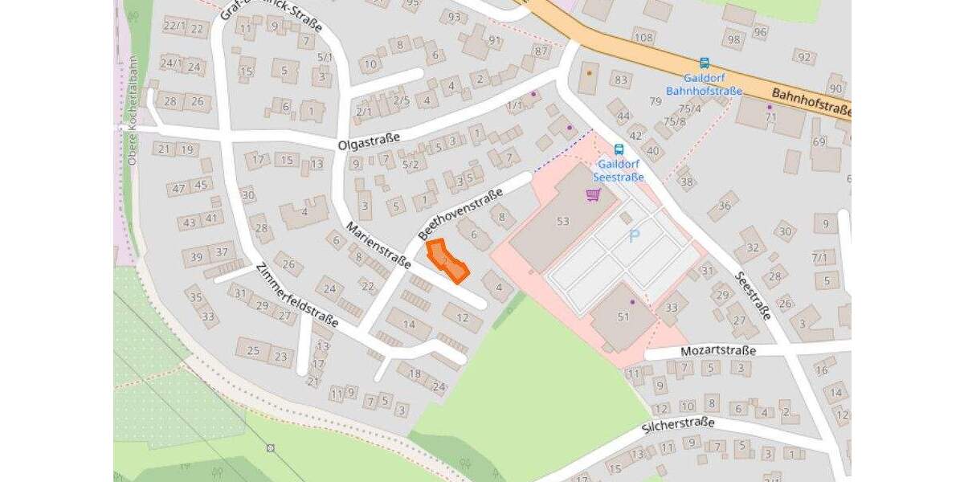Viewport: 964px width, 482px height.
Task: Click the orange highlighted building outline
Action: pyautogui.click(x=447, y=261)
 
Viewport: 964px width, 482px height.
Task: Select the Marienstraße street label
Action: pyautogui.click(x=378, y=246)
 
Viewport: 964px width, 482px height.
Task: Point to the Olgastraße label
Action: pyautogui.click(x=369, y=144)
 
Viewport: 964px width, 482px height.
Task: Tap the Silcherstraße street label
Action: pyautogui.click(x=678, y=425)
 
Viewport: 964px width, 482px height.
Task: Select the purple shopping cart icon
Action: pyautogui.click(x=594, y=194)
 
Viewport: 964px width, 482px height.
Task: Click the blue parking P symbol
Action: pyautogui.click(x=635, y=236)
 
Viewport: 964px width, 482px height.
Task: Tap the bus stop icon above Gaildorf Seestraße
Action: pyautogui.click(x=619, y=149)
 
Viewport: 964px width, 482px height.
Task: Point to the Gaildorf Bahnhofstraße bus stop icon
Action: pyautogui.click(x=705, y=63)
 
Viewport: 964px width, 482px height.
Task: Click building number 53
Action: pyautogui.click(x=562, y=221)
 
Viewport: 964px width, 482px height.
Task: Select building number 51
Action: pyautogui.click(x=623, y=317)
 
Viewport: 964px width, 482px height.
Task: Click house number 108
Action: pyautogui.click(x=643, y=37)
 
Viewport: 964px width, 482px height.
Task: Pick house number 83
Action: pyautogui.click(x=619, y=80)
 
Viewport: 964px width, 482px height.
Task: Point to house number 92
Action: pyautogui.click(x=803, y=56)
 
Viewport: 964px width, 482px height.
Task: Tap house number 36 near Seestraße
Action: pyautogui.click(x=724, y=206)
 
